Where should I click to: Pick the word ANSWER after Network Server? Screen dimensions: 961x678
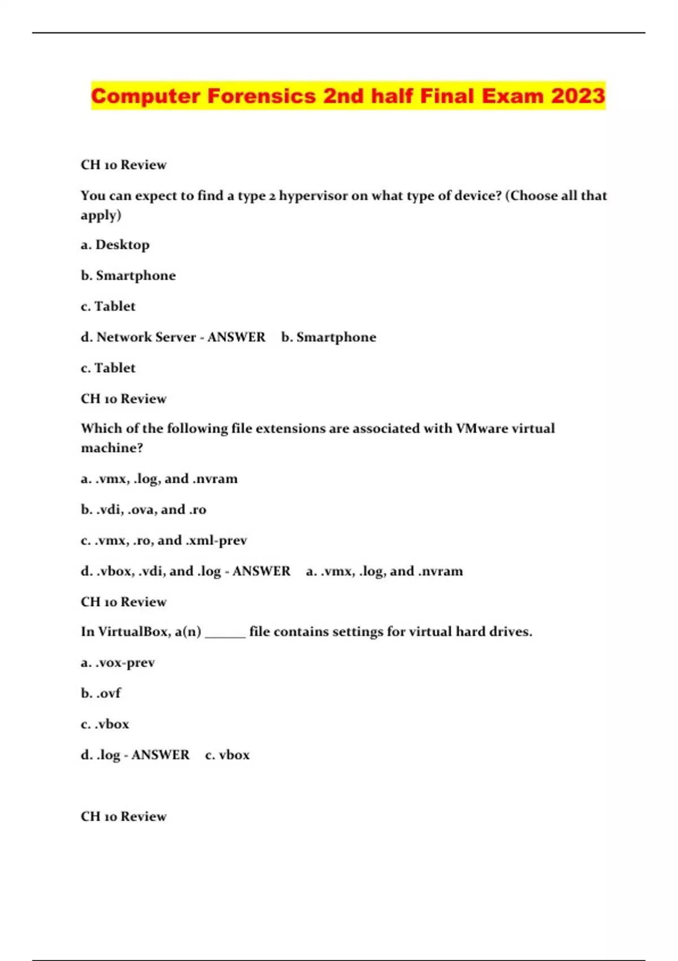pos(236,337)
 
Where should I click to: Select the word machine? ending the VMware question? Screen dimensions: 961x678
pos(112,448)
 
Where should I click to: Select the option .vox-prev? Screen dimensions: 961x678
pos(125,663)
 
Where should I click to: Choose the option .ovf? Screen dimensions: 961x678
pos(108,693)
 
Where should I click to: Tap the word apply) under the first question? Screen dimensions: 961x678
pos(101,215)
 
